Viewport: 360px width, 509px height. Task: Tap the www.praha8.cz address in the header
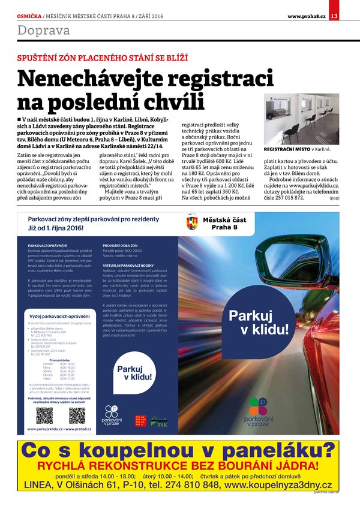click(x=307, y=16)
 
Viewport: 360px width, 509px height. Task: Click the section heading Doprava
click(x=43, y=31)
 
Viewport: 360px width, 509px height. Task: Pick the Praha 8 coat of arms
click(x=192, y=224)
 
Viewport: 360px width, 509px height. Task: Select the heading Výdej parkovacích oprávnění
click(x=59, y=316)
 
